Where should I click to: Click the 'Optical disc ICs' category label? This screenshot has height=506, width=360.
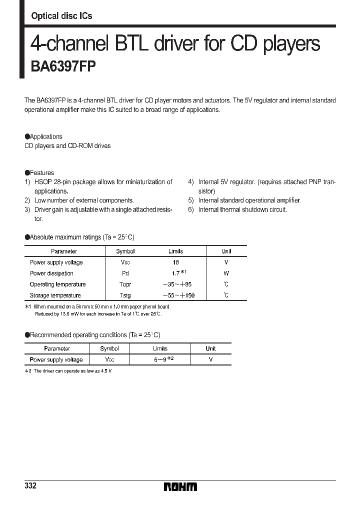point(61,16)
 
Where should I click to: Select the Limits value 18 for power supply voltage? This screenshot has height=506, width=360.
point(175,262)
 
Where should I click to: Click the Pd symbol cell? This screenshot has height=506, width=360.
point(125,273)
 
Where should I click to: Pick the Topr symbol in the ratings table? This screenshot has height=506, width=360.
point(125,284)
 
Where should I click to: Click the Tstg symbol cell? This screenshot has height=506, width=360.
point(125,295)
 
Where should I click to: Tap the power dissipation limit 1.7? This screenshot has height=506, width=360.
point(175,273)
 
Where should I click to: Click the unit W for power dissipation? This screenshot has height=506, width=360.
point(226,273)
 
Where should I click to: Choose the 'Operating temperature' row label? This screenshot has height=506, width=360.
point(57,284)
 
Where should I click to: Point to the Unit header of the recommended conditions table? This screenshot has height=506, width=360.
point(210,348)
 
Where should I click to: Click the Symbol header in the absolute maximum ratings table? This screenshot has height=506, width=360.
point(125,251)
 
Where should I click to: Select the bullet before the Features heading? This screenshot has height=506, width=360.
point(27,173)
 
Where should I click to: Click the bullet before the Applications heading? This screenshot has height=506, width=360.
point(27,136)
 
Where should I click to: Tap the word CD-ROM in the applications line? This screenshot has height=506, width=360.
point(79,146)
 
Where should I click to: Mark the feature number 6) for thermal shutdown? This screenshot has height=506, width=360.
point(191,210)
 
